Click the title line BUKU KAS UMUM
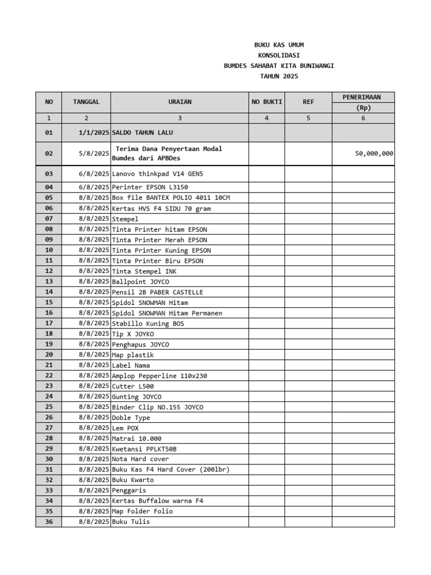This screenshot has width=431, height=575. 278,45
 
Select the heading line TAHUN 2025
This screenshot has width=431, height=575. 278,76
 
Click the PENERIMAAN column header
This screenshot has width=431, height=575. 363,98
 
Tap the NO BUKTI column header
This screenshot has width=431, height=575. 267,102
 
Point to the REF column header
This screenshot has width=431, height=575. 308,102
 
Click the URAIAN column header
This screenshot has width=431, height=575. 180,102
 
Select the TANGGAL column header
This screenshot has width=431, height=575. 86,102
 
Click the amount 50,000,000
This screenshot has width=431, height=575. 374,153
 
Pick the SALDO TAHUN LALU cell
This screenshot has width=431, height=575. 143,133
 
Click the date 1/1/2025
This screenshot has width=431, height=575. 94,133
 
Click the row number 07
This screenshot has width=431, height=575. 49,218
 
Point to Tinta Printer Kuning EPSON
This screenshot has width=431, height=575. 162,250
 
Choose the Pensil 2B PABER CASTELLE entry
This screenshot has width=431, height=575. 158,292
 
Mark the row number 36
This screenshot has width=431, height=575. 49,522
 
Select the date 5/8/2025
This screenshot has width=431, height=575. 94,153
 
